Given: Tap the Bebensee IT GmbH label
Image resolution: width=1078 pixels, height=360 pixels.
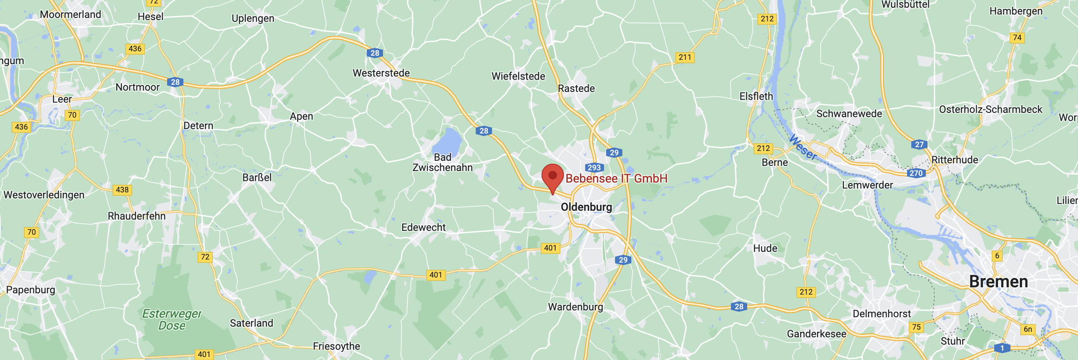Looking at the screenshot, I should pos(616,179).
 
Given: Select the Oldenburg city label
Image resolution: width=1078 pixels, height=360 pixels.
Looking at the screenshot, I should pos(586,207).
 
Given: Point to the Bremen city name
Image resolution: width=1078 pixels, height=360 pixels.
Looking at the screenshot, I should pos(998,282).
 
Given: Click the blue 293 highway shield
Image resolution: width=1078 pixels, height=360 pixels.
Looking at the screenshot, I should pos(594,168).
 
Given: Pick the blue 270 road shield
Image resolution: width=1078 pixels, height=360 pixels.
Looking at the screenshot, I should pos(916,173).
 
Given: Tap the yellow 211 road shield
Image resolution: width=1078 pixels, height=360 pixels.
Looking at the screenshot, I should pos(685,57).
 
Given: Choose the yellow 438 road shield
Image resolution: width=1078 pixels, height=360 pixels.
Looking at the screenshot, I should pos(122,190).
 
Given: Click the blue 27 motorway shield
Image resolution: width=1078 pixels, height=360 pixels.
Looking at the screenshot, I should pos(919,145).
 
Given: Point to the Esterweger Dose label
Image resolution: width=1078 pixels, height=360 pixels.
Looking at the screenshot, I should pos(172,320).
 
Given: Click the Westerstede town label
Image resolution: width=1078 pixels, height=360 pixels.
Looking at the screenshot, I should pos(381,73).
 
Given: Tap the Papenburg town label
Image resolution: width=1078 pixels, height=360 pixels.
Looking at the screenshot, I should pos(31,290).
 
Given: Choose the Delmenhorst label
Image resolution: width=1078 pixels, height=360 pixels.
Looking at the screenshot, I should pos(882,314).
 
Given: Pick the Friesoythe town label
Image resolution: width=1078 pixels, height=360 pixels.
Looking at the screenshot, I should pos(336,346).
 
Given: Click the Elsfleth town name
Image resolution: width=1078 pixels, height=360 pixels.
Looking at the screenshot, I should pos(756,97).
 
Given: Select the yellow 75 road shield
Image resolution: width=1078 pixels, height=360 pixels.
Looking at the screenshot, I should pos(916,327).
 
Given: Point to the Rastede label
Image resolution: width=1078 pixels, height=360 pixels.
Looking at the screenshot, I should pos(576,89).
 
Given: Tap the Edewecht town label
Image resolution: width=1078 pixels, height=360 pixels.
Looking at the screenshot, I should pos(423,227).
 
